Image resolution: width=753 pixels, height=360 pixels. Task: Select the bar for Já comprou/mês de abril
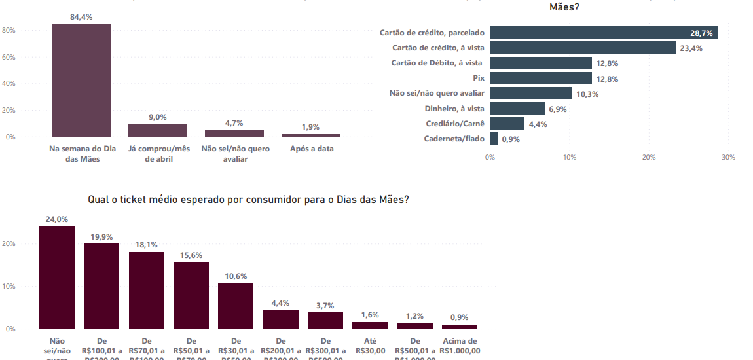tap(157, 130)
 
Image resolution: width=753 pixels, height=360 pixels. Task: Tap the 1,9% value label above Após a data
tap(311, 127)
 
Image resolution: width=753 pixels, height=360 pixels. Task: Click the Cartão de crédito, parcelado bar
tap(603, 33)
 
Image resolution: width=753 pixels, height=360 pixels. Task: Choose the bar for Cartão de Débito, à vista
tap(541, 63)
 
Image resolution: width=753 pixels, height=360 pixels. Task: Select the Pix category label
tap(478, 79)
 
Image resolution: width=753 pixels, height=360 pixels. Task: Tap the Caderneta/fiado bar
tap(494, 139)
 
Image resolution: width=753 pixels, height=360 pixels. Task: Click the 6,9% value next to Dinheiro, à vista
tap(558, 109)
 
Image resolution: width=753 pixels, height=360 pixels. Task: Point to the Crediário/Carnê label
tap(455, 124)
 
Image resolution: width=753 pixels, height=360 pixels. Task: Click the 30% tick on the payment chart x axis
tap(728, 158)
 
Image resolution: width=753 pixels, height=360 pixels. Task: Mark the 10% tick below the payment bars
tap(570, 158)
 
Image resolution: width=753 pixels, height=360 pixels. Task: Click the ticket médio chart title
tap(249, 199)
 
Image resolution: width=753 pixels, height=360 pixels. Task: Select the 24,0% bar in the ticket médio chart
tap(57, 278)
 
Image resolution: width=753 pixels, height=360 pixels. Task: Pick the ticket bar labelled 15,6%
tap(191, 295)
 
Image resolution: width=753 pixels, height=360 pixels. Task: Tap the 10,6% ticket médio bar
tap(236, 306)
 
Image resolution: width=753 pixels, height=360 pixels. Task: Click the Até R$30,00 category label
tap(370, 346)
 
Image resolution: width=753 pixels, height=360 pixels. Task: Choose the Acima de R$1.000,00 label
tap(460, 346)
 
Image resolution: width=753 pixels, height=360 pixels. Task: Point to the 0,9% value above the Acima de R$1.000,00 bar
tap(459, 317)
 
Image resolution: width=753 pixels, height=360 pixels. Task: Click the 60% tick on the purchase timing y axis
tap(9, 58)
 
